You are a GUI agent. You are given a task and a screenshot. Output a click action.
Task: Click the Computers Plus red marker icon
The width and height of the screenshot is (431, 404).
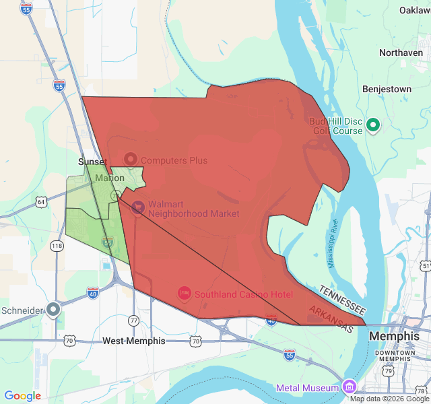point(130,160)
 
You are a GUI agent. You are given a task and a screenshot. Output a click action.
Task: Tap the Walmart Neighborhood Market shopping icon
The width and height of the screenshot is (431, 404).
point(138,206)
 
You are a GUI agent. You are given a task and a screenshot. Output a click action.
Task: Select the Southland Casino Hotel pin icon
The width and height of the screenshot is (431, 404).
point(184,294)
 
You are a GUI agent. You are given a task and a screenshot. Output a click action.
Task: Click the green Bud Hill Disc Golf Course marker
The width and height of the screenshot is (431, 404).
point(372,125)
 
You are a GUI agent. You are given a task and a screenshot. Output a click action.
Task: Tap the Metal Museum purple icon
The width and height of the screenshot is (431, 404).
point(349,387)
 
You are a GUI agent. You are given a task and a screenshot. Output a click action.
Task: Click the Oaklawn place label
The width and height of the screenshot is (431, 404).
point(414,10)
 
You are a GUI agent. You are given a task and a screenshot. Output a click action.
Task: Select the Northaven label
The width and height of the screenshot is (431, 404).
point(401,53)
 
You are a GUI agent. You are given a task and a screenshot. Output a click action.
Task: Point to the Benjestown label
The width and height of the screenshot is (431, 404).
point(387,89)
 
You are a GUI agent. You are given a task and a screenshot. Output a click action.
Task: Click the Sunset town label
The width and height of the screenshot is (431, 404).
point(92,162)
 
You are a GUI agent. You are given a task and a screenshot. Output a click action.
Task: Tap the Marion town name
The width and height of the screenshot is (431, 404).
point(109,178)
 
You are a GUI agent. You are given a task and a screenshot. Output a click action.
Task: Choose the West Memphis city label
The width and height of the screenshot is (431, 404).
point(133,341)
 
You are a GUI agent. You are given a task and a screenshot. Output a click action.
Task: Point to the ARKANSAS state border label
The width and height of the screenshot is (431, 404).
point(331,319)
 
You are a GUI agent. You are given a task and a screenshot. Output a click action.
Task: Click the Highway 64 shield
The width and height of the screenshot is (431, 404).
point(42,202)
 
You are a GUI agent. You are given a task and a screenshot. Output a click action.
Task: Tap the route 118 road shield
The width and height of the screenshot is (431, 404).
point(57,246)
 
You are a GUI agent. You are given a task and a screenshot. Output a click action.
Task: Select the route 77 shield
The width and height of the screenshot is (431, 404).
point(134,321)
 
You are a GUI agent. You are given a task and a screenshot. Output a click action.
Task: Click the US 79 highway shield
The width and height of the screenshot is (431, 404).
point(387,370)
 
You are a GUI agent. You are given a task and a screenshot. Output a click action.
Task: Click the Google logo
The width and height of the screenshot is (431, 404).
point(22,396)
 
